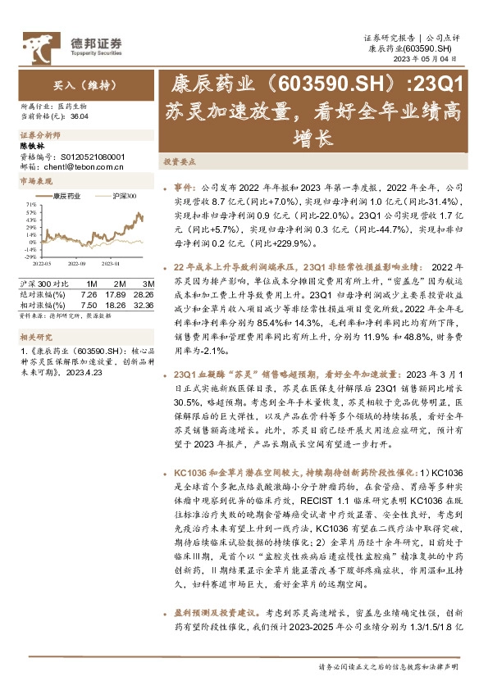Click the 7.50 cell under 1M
tap(89, 303)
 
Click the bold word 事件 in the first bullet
tap(184, 186)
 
